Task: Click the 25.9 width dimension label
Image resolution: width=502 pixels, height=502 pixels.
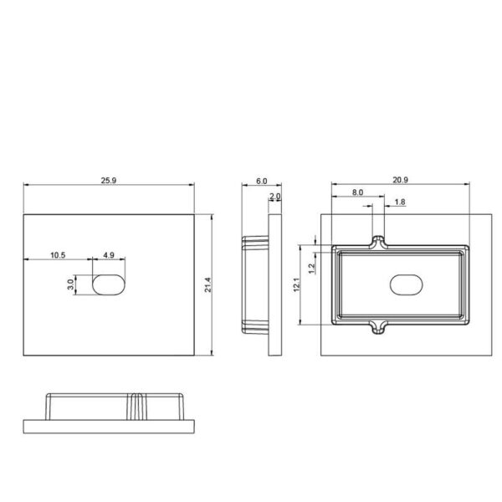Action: tap(109, 180)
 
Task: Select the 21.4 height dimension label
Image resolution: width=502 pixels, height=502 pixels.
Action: tap(207, 284)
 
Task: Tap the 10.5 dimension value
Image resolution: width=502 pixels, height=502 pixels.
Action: tap(58, 255)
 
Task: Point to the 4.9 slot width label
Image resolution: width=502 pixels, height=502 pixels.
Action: tap(109, 255)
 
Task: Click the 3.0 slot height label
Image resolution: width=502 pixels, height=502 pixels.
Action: tap(70, 284)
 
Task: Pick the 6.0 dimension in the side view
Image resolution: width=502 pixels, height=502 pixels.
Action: tap(261, 182)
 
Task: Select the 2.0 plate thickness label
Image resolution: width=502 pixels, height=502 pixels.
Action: tap(274, 196)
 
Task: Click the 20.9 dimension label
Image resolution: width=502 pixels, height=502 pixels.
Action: tap(400, 180)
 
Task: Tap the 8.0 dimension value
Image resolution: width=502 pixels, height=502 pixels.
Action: tap(357, 192)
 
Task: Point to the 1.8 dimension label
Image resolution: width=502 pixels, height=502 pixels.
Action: tap(400, 202)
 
